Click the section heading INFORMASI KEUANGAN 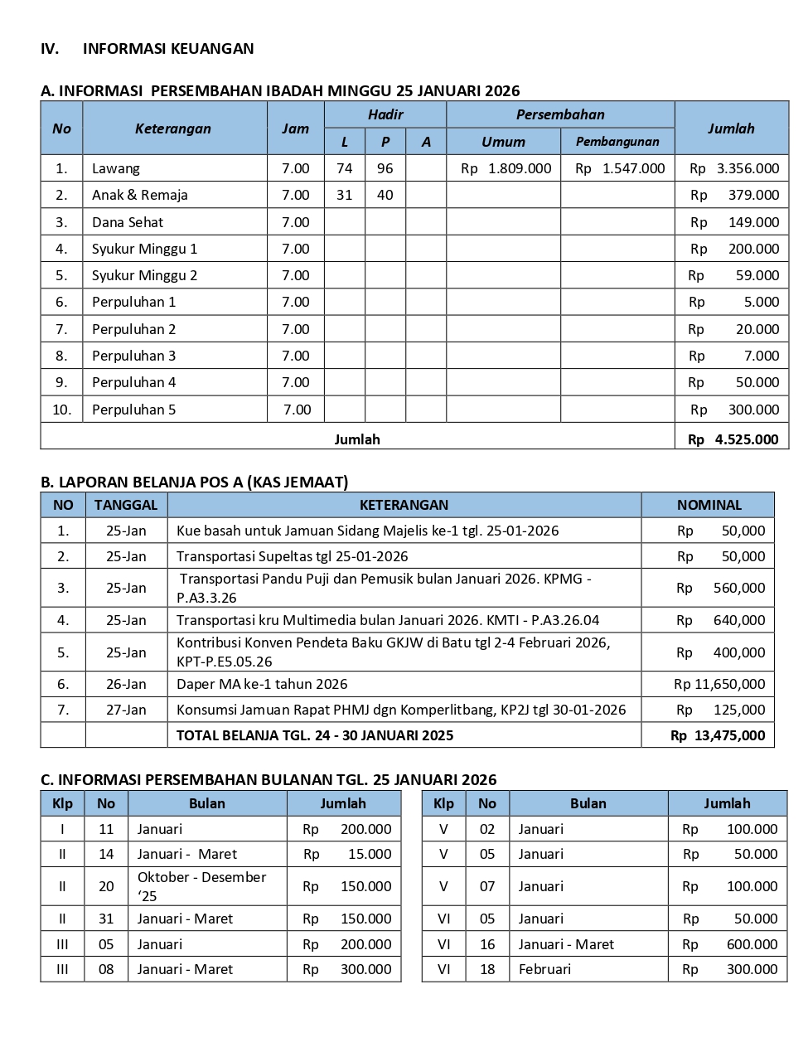[167, 49]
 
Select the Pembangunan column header [617, 142]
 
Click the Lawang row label [116, 168]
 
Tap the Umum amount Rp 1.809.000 [506, 168]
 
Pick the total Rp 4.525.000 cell [733, 439]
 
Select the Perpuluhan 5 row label [134, 410]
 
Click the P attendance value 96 [385, 168]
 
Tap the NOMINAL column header [709, 505]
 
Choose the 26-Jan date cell [126, 684]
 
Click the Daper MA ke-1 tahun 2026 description [262, 684]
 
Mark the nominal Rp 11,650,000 [719, 684]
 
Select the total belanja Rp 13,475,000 [718, 735]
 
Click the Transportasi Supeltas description [292, 556]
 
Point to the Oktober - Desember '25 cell [201, 886]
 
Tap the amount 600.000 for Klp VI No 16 [752, 944]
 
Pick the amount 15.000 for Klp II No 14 [370, 854]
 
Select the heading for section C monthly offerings [269, 779]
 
